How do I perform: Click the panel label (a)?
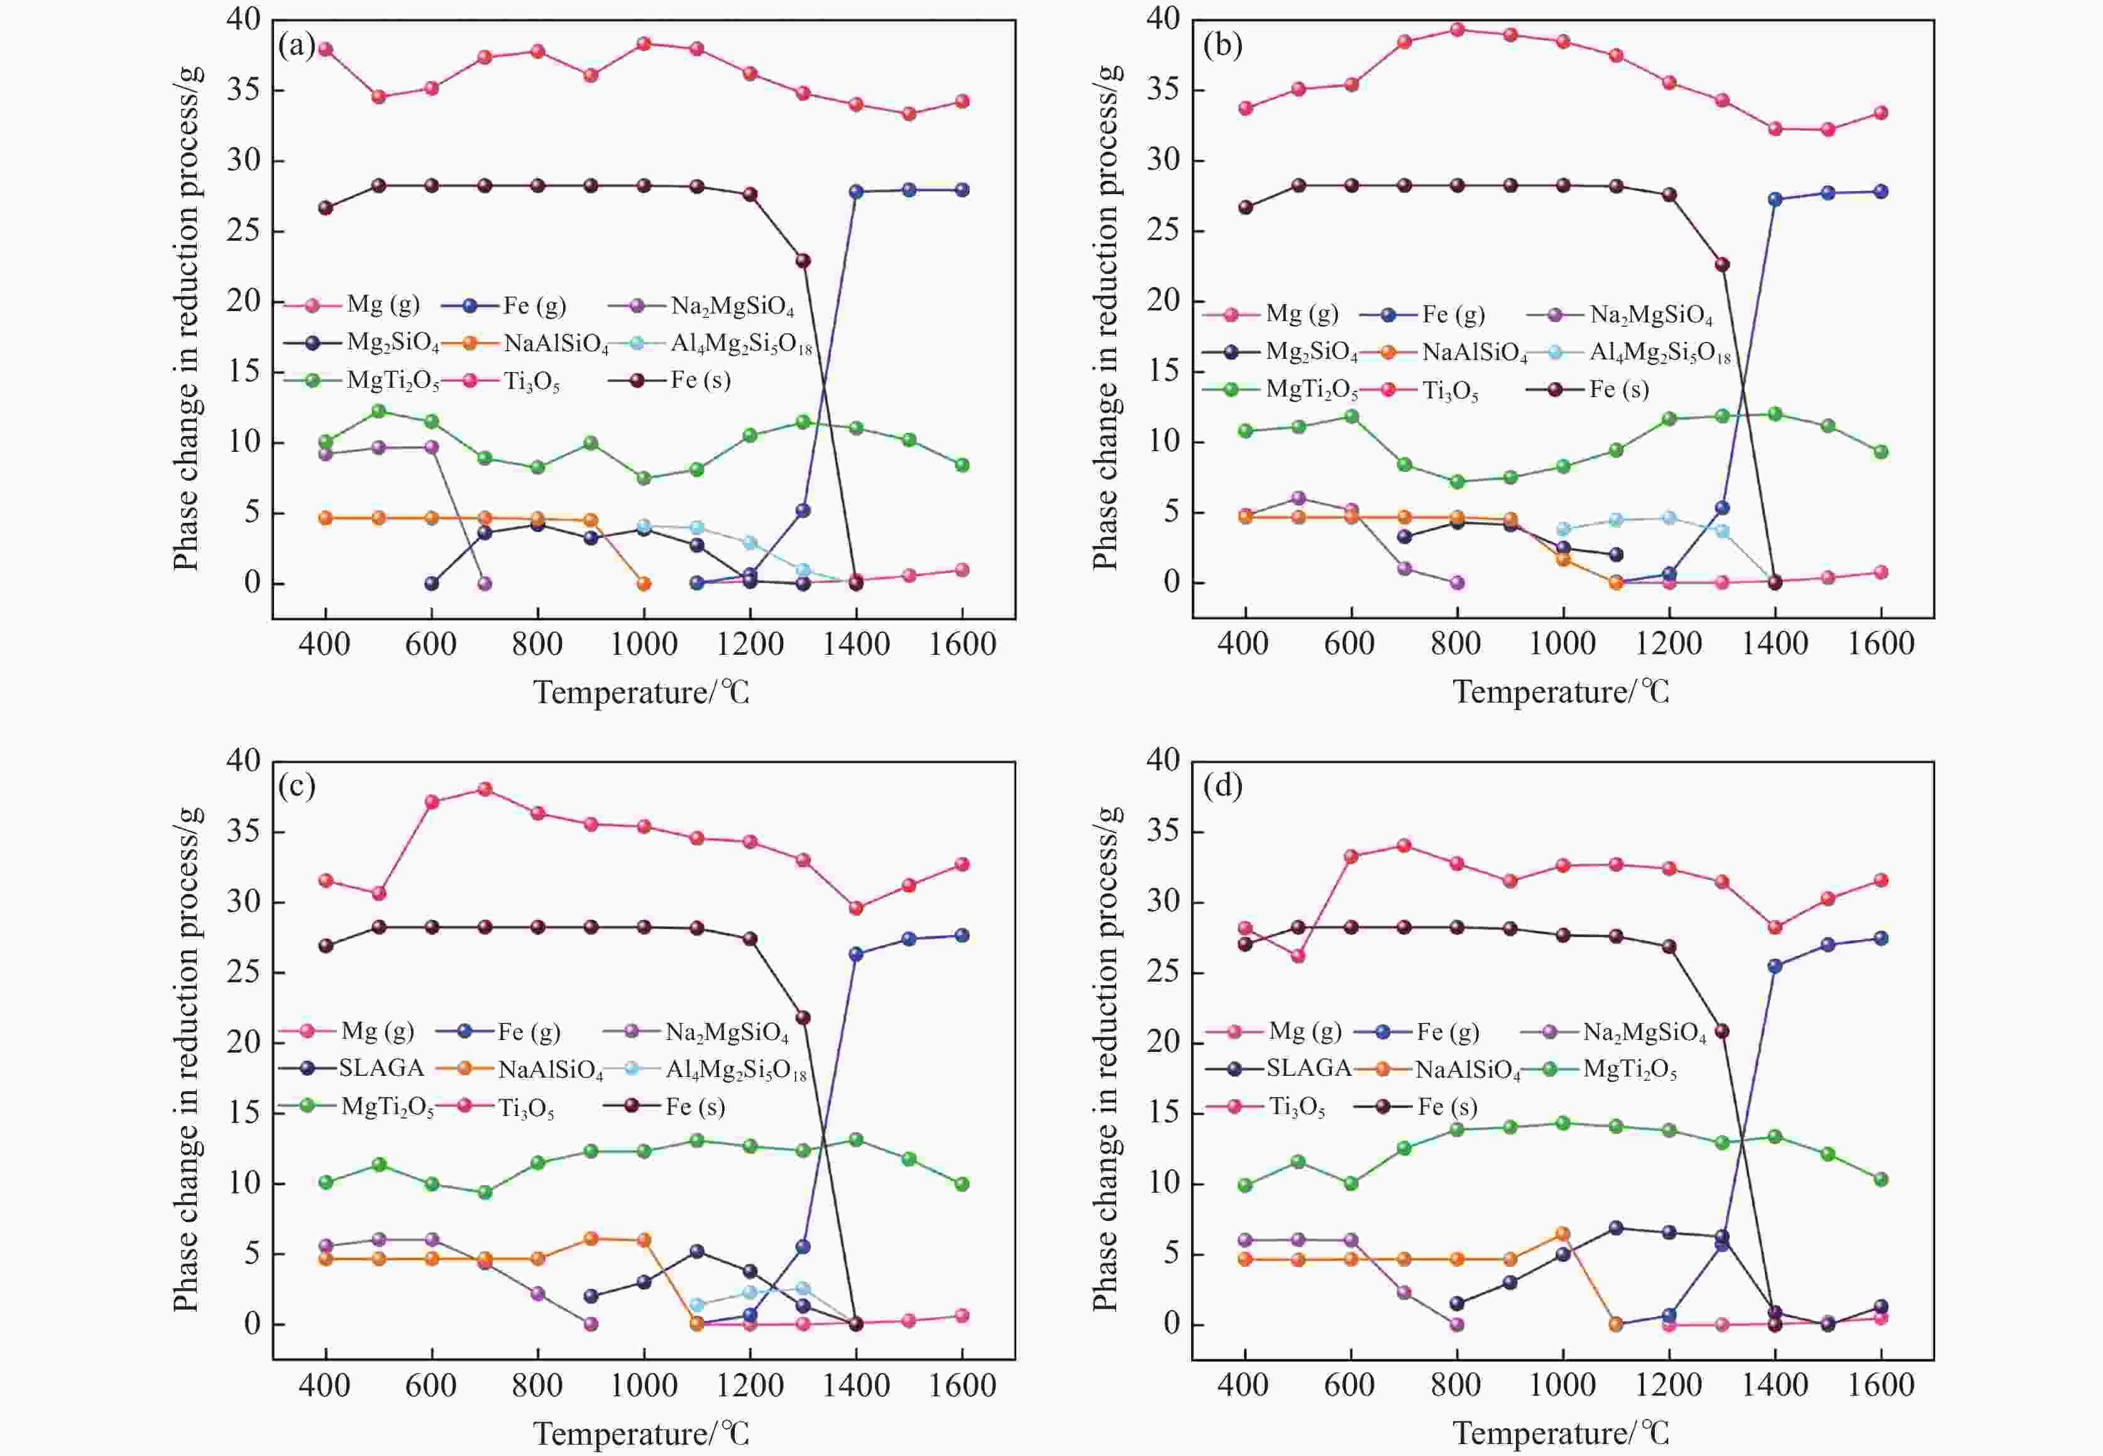pos(297,45)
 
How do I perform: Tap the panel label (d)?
pos(1222,785)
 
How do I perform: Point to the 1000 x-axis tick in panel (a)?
pos(643,645)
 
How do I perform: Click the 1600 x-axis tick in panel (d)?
pos(1881,1386)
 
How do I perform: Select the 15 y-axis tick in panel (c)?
pos(243,1112)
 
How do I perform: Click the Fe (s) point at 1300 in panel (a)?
pos(803,261)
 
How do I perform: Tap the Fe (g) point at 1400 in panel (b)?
pos(1774,199)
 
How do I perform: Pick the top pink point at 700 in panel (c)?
pos(485,789)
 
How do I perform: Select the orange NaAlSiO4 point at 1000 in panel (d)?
pos(1562,1234)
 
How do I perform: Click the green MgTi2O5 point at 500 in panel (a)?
pos(378,410)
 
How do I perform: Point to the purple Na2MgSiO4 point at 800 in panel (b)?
pos(1456,582)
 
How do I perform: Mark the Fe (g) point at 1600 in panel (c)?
pos(962,935)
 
